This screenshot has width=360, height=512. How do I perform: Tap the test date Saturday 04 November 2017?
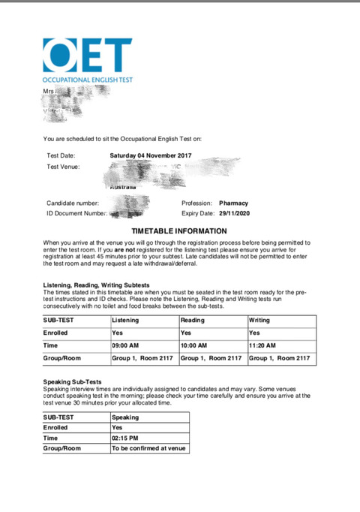tap(151, 155)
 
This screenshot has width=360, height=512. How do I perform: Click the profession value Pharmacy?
tap(233, 203)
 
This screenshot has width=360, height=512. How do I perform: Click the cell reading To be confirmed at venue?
tap(148, 448)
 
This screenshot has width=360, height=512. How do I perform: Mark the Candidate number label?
tap(73, 203)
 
